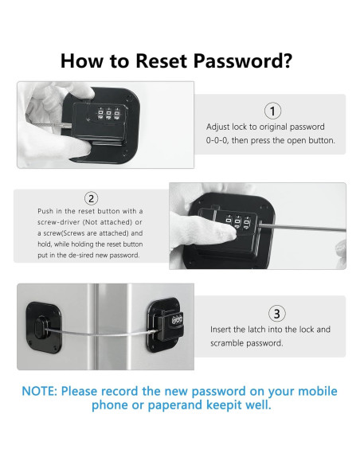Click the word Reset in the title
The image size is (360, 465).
[162, 61]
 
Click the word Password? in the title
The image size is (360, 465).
[243, 61]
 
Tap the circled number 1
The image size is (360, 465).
[272, 111]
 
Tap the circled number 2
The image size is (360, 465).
[92, 198]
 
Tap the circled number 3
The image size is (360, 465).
[276, 314]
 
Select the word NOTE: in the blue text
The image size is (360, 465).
[40, 391]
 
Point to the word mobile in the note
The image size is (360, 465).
[318, 391]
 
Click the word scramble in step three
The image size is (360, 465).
[226, 343]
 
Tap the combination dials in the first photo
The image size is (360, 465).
[108, 114]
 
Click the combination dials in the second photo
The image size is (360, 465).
[237, 222]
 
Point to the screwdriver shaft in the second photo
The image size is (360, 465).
[303, 228]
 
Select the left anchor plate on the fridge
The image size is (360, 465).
[44, 327]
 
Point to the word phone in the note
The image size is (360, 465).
[109, 405]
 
